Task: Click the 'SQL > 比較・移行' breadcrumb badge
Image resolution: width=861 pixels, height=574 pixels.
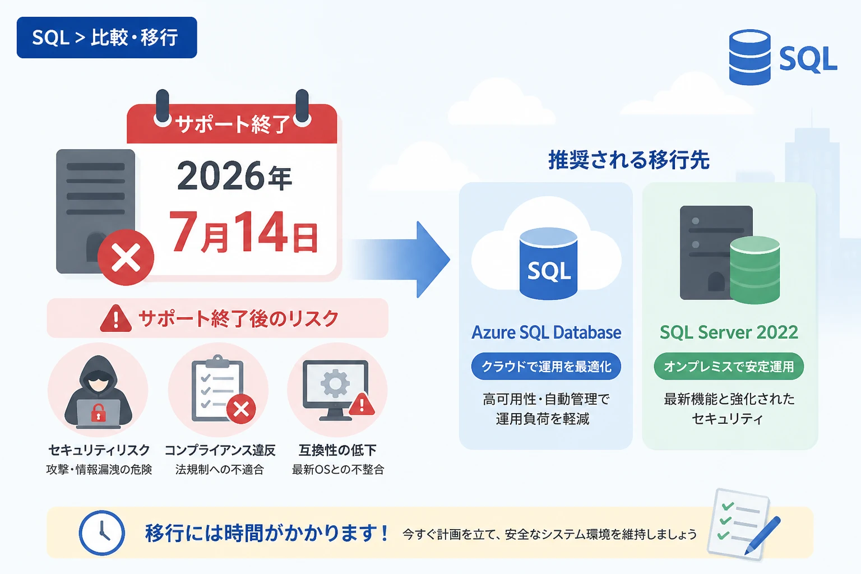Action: point(107,38)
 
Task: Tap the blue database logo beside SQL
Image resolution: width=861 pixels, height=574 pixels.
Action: point(749,57)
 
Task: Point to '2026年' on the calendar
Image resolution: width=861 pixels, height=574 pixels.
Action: point(234,176)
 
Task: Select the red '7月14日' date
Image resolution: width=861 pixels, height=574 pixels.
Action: point(244,232)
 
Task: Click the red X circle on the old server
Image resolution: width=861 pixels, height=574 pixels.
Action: point(126,257)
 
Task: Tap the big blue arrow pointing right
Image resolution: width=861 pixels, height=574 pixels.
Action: point(400,260)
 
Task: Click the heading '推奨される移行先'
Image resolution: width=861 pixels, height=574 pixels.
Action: point(629,160)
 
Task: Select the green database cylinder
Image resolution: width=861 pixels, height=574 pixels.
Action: point(755,270)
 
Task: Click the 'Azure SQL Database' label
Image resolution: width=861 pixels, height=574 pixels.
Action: point(546,332)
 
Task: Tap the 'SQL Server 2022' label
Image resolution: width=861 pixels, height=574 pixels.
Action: point(729,332)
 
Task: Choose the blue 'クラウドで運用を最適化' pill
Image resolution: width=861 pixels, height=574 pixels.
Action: point(546,367)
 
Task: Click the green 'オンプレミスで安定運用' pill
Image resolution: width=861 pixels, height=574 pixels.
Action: point(729,367)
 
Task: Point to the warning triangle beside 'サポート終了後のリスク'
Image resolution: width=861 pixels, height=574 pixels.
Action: point(115,318)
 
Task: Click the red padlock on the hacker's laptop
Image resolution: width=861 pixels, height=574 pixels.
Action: point(99,413)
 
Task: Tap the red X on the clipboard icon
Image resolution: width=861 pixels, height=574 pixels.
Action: point(242,409)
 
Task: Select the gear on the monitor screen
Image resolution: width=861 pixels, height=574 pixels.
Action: point(335,383)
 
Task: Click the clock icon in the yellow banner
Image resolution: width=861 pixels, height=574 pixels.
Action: point(102,533)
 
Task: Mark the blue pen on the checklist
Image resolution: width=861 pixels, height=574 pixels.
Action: point(762,535)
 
